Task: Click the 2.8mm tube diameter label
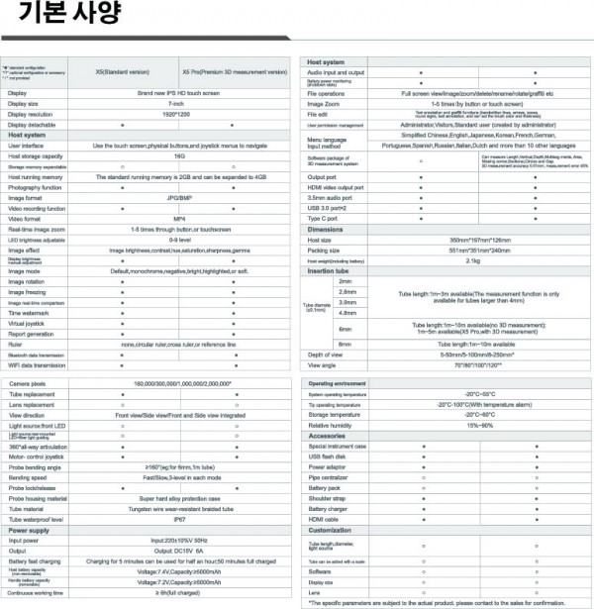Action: point(346,291)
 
